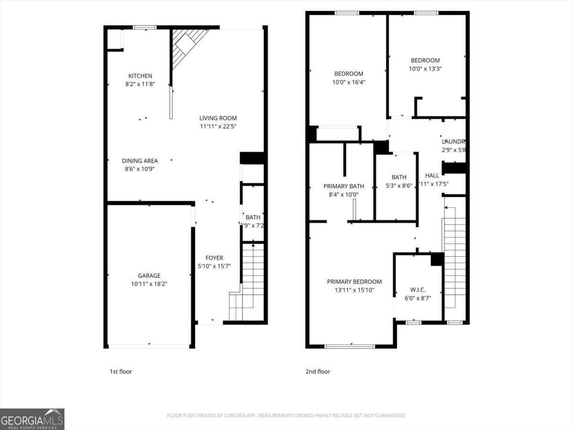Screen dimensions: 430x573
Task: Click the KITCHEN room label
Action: pyautogui.click(x=140, y=76)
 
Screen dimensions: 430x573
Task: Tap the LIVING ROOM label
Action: pyautogui.click(x=218, y=118)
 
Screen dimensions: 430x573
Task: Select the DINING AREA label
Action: pyautogui.click(x=139, y=161)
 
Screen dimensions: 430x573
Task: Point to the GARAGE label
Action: pyautogui.click(x=149, y=276)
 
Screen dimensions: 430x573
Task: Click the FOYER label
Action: pyautogui.click(x=214, y=258)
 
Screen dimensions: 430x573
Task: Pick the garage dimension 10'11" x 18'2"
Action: pyautogui.click(x=149, y=284)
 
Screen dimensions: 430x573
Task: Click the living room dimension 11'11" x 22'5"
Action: pyautogui.click(x=218, y=127)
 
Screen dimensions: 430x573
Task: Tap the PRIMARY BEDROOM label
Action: pyautogui.click(x=354, y=282)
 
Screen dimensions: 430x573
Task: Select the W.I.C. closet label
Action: pyautogui.click(x=418, y=290)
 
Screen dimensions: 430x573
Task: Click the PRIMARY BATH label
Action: pyautogui.click(x=343, y=186)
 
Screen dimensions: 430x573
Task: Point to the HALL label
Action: pyautogui.click(x=432, y=176)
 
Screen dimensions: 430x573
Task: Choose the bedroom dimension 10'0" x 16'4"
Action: pyautogui.click(x=348, y=82)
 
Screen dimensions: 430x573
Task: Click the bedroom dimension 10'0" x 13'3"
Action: pyautogui.click(x=425, y=69)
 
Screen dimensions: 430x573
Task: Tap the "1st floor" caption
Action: pyautogui.click(x=121, y=372)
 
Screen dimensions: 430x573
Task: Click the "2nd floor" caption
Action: pyautogui.click(x=318, y=372)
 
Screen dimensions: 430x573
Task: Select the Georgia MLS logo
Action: pyautogui.click(x=32, y=419)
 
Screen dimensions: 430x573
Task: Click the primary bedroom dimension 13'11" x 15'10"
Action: pyautogui.click(x=354, y=290)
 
